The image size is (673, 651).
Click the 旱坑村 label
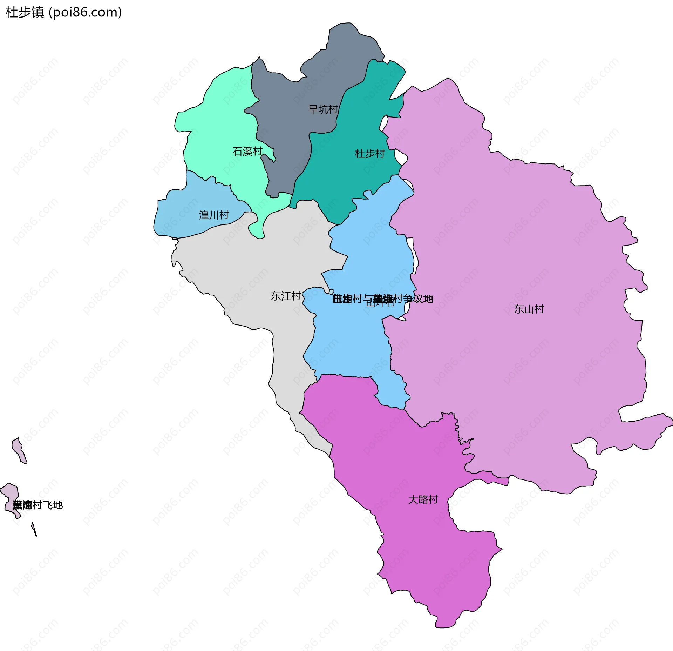coord(322,109)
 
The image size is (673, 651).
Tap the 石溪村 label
coord(247,152)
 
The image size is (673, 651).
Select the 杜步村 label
coord(370,154)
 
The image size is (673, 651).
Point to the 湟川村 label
coord(214,215)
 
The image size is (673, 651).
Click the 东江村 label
coord(286,296)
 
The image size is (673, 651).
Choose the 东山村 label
coord(529,309)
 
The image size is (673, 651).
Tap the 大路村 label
coord(423,500)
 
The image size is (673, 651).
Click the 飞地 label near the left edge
coord(38,505)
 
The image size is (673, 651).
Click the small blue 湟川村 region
coord(182,217)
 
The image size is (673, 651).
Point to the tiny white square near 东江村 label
coord(331,291)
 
